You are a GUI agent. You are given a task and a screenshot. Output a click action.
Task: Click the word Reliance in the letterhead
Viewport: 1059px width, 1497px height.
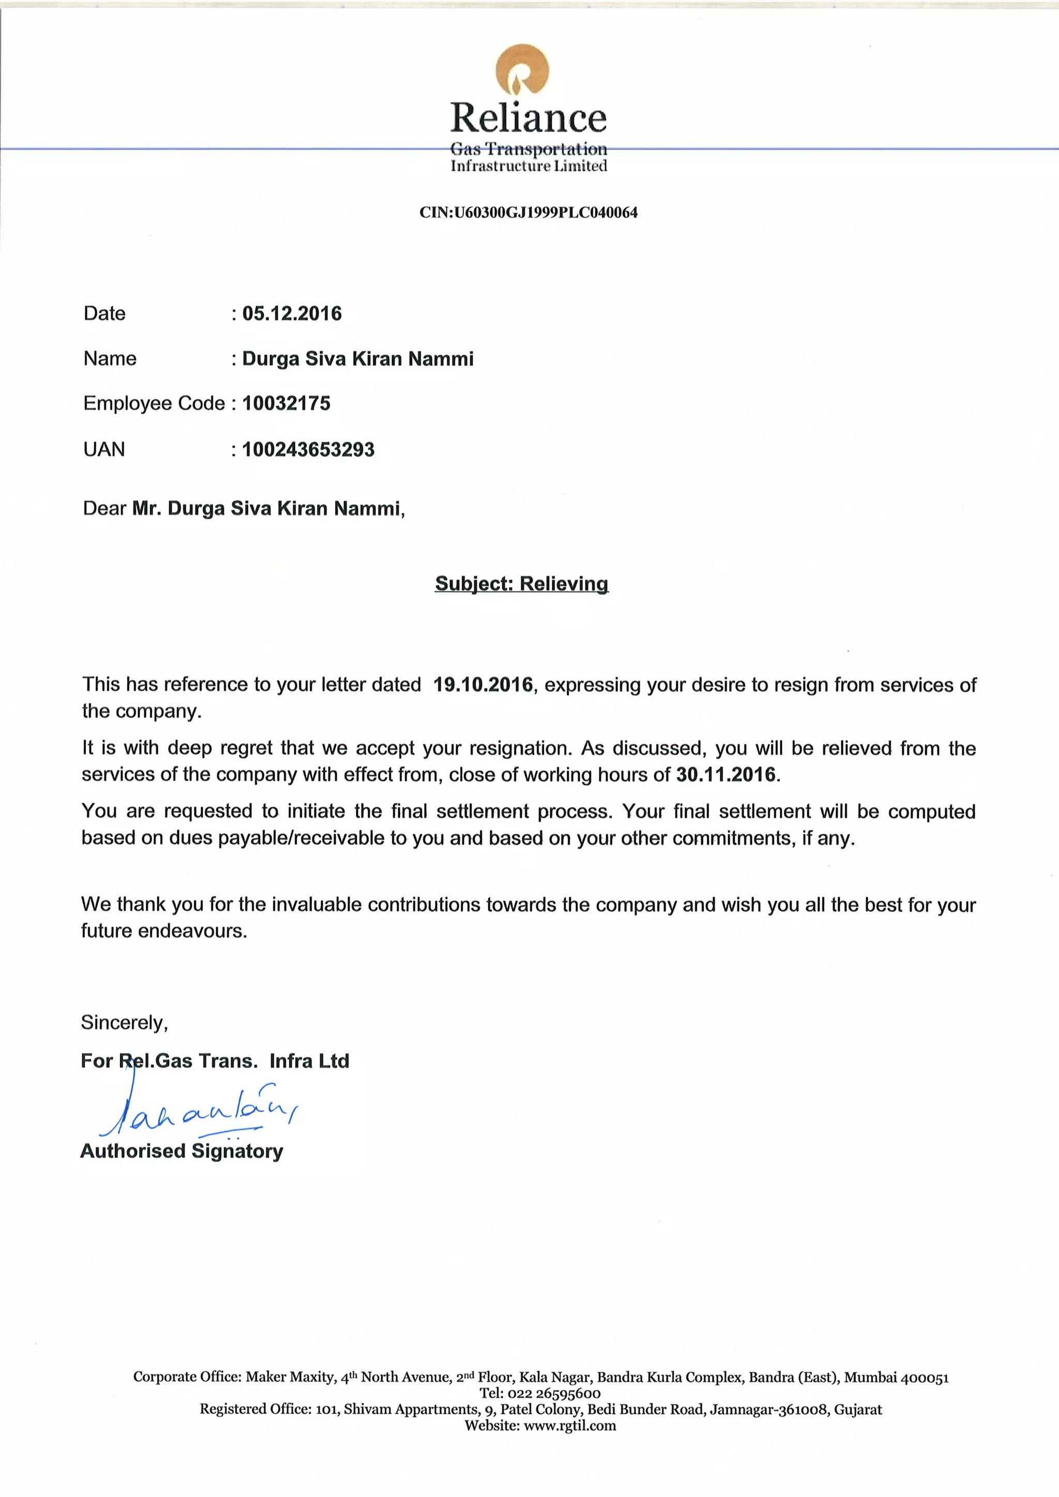(528, 118)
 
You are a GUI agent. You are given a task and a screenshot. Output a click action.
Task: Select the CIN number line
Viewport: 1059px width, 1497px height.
(528, 212)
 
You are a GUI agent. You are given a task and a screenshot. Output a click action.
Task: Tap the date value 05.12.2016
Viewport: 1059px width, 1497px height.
(292, 314)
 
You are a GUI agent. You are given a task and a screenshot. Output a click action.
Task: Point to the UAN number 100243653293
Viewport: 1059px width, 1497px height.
(308, 449)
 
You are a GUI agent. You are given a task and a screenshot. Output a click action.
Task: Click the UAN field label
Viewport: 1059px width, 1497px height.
(104, 449)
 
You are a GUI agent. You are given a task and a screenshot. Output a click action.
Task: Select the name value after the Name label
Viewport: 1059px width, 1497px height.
(357, 359)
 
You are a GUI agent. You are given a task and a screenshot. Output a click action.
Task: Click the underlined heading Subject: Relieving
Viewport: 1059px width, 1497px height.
(522, 584)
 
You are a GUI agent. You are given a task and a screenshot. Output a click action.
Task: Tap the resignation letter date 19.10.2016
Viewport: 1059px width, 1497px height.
(483, 684)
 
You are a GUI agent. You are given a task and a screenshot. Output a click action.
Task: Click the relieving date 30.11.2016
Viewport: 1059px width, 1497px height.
(726, 774)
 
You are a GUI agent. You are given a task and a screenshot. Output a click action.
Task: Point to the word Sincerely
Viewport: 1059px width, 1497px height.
(124, 1022)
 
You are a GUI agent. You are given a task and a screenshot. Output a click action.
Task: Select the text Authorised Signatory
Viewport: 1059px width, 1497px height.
(182, 1151)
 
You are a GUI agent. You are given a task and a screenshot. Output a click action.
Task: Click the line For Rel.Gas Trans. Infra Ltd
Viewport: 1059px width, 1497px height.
(215, 1061)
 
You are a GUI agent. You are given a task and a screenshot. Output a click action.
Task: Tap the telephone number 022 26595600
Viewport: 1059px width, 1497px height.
(554, 1393)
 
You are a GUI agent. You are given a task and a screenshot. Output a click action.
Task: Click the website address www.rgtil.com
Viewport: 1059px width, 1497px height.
(570, 1425)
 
